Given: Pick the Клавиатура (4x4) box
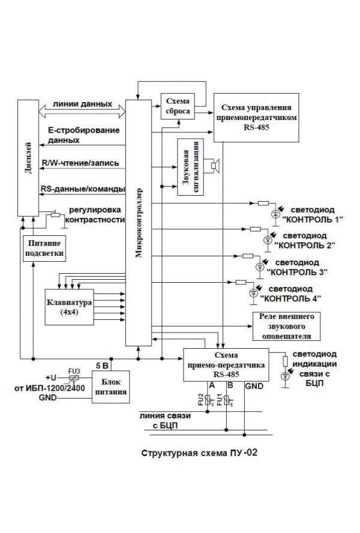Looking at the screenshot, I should (67, 307).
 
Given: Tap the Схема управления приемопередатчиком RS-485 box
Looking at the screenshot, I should (257, 118).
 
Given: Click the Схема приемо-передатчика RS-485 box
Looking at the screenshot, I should (225, 364).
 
